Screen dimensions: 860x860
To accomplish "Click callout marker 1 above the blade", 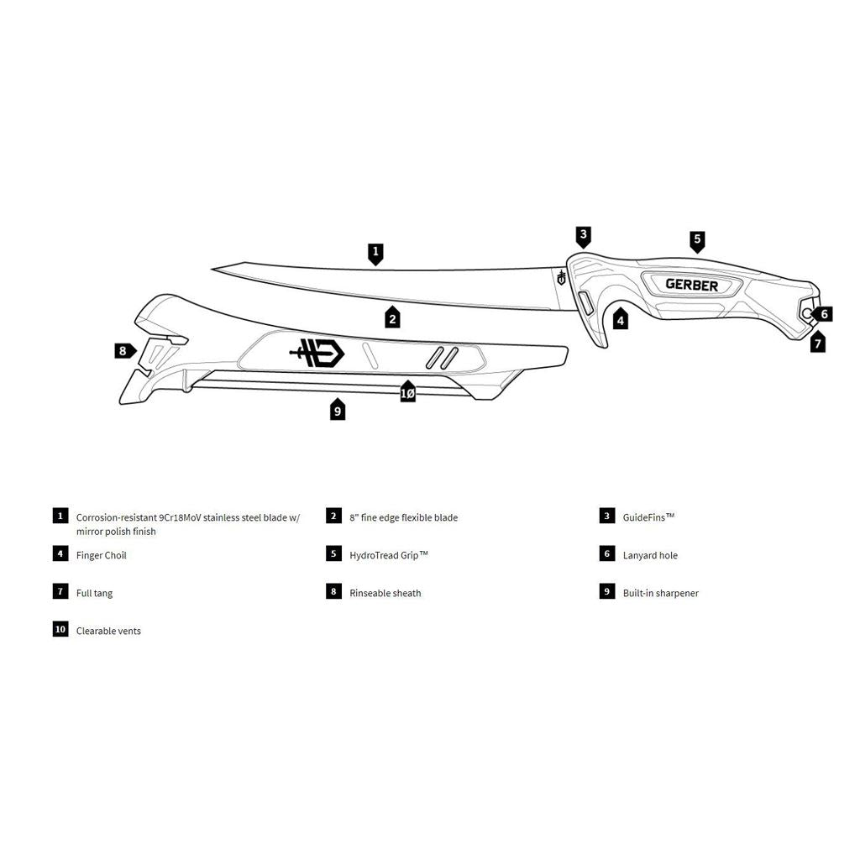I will click(376, 252).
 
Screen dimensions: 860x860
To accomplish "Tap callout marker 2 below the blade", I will click(392, 317).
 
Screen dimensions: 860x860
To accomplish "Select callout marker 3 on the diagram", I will click(584, 235).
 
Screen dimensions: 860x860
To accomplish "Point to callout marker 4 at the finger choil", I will click(620, 318).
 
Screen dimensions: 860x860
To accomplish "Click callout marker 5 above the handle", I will click(697, 240).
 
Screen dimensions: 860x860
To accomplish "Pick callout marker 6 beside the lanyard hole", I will click(823, 314).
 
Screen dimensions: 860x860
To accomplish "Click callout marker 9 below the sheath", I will click(338, 410).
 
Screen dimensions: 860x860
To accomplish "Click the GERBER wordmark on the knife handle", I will click(692, 285).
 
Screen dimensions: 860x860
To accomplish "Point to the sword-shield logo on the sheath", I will click(317, 353).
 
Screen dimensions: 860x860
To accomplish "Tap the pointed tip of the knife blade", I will click(214, 269).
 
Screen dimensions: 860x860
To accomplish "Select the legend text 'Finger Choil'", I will click(102, 555).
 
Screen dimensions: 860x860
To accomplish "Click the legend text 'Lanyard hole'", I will click(650, 555).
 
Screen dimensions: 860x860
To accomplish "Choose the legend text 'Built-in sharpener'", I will click(660, 593).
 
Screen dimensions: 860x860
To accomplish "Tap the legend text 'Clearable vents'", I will click(108, 631).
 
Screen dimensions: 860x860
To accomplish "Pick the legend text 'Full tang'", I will click(94, 593).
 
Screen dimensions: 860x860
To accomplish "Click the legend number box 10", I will click(60, 629).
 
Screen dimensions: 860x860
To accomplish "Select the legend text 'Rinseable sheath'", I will click(385, 593).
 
